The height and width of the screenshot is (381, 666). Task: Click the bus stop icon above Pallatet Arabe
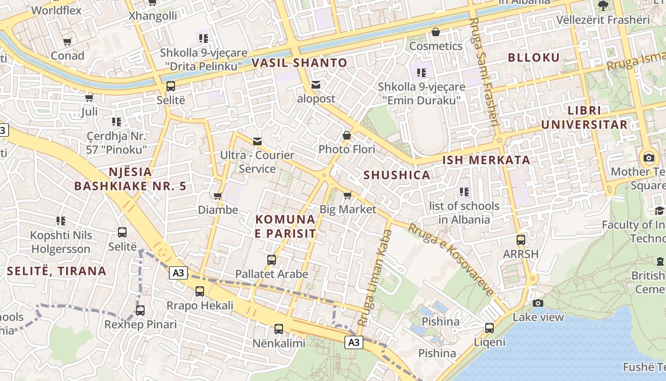click(272, 260)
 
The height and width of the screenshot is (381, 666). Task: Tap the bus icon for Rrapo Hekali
click(200, 291)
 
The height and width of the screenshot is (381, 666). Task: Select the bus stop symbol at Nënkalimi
click(279, 329)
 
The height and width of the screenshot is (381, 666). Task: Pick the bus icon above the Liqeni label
click(490, 328)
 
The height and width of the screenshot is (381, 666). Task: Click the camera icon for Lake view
click(538, 303)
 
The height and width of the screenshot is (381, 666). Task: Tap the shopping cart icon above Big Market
click(347, 195)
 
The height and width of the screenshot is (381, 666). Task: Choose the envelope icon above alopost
click(316, 85)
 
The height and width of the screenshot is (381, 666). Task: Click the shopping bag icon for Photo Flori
click(347, 135)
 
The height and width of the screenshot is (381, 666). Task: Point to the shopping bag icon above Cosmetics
click(435, 32)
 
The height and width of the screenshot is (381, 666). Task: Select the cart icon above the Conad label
click(67, 42)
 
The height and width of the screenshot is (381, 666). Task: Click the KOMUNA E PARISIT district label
click(285, 226)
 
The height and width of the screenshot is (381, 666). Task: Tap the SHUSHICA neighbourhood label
click(397, 175)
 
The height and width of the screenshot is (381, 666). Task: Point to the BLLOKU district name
click(534, 58)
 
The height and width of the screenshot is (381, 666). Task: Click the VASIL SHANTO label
click(299, 63)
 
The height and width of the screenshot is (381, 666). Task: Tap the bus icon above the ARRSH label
click(521, 240)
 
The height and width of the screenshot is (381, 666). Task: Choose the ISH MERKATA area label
click(486, 160)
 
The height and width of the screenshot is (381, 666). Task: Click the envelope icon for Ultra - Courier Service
click(257, 141)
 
